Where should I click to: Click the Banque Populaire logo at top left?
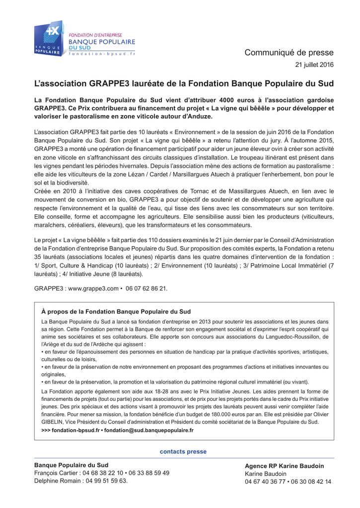[x=49, y=38]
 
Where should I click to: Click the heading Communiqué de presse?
[x=289, y=53]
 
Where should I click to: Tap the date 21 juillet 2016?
[x=315, y=65]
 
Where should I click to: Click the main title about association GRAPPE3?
[x=184, y=83]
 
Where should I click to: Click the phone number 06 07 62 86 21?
[x=146, y=288]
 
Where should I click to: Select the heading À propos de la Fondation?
[x=116, y=312]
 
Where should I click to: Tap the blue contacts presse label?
[x=183, y=451]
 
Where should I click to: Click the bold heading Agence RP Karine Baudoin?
[x=284, y=466]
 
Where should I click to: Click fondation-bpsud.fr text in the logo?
[x=102, y=54]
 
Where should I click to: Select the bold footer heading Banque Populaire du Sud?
[x=71, y=465]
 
